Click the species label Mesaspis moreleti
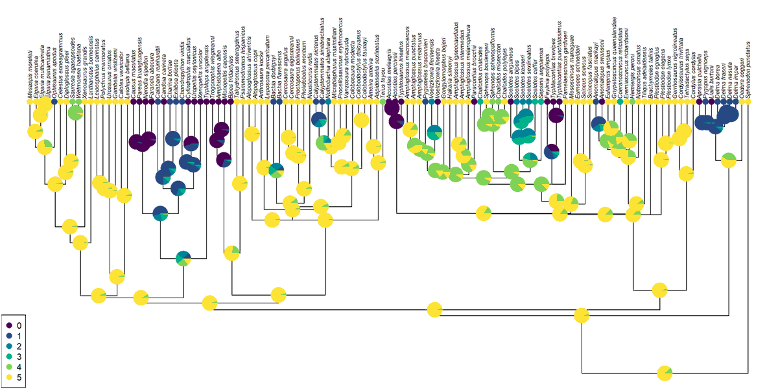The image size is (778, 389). click(x=30, y=75)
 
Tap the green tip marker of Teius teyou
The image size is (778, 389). click(x=383, y=102)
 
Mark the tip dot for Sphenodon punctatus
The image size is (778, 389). click(x=748, y=102)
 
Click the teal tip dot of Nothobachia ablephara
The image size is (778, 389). click(x=329, y=102)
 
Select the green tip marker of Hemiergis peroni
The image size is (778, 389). click(x=632, y=102)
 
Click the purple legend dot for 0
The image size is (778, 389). click(x=9, y=325)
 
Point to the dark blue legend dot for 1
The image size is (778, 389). click(x=9, y=336)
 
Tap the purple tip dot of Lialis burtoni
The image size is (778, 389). click(x=705, y=102)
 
